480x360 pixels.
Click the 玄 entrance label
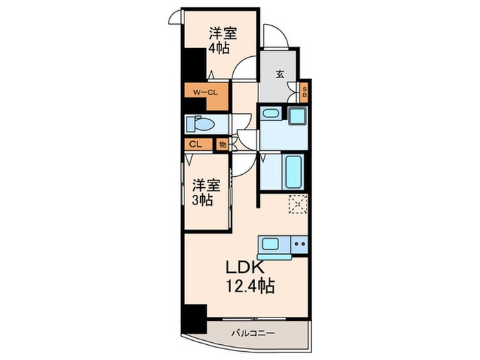click(x=280, y=75)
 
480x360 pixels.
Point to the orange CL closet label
click(x=195, y=145)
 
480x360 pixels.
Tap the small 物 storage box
click(x=222, y=145)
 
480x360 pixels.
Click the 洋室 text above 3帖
click(x=205, y=184)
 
